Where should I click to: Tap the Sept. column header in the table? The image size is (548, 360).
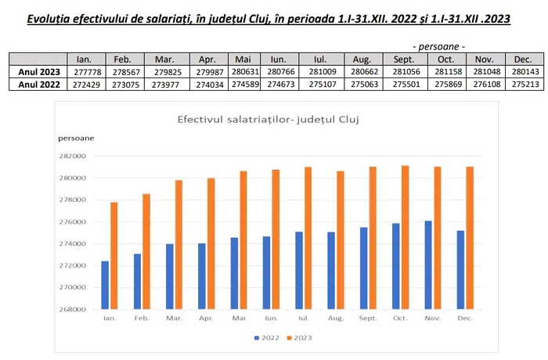404,59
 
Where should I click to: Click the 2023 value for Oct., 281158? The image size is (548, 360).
445,71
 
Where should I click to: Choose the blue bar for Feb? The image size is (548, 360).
138,281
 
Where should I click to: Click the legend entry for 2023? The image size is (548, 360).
301,337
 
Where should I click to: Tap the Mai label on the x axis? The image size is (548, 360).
239,319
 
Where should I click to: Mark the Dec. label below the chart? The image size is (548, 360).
465,319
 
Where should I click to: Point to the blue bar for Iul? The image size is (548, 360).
300,270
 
